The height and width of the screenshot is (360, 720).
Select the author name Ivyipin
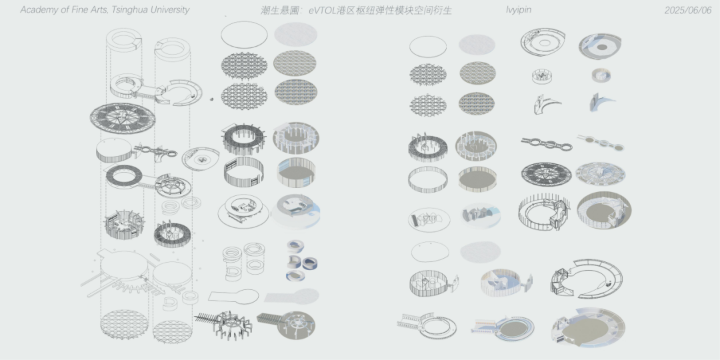(x=519, y=10)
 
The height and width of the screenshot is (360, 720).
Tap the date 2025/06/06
(x=688, y=10)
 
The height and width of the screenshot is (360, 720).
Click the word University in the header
(x=170, y=10)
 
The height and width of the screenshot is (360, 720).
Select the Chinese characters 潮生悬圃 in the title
(x=276, y=10)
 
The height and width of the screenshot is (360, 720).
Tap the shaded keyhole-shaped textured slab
(x=291, y=296)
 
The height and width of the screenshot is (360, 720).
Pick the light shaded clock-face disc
(x=600, y=174)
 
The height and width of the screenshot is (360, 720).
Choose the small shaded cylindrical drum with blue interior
(x=601, y=75)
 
